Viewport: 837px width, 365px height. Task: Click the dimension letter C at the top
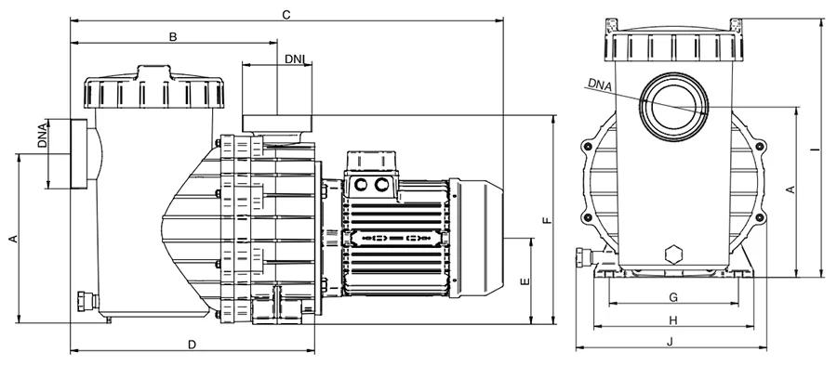pyautogui.click(x=286, y=14)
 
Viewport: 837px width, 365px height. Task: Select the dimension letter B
pyautogui.click(x=173, y=37)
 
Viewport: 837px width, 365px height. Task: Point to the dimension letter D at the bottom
pyautogui.click(x=193, y=345)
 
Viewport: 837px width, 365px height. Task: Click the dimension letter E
pyautogui.click(x=525, y=281)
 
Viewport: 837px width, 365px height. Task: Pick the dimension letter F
pyautogui.click(x=546, y=220)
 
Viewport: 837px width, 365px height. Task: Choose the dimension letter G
pyautogui.click(x=673, y=297)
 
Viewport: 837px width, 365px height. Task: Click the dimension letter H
pyautogui.click(x=673, y=320)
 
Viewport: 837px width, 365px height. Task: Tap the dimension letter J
pyautogui.click(x=671, y=342)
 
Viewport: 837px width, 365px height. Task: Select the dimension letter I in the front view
pyautogui.click(x=813, y=150)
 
